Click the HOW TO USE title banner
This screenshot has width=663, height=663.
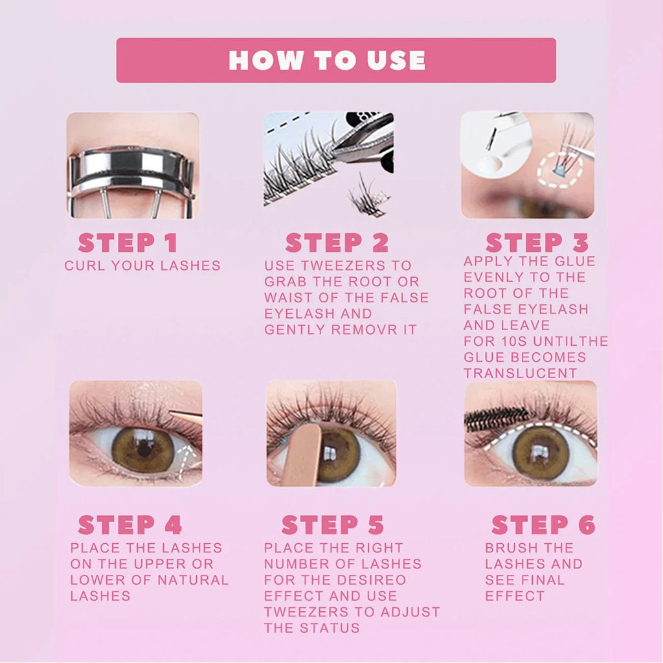click(x=335, y=60)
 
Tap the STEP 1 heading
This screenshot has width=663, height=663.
click(x=128, y=243)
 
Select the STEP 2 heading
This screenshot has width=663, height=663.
click(x=337, y=243)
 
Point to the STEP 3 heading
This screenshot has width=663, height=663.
click(x=537, y=243)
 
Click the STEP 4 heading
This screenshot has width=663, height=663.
click(x=129, y=524)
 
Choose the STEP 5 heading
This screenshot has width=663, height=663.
click(x=333, y=524)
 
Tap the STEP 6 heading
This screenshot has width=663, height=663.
click(x=543, y=524)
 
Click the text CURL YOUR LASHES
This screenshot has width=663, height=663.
click(x=142, y=265)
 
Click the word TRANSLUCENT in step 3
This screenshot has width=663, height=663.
click(x=520, y=374)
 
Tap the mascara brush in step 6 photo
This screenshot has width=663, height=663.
click(x=488, y=419)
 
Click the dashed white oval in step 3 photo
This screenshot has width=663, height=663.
click(x=559, y=170)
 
